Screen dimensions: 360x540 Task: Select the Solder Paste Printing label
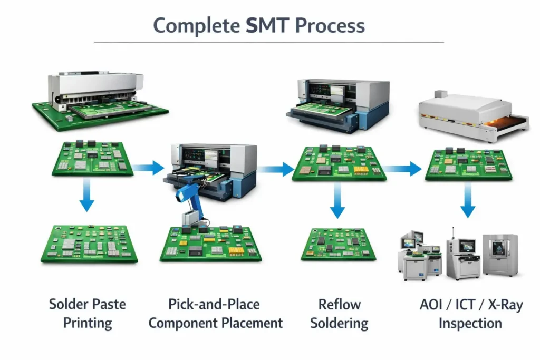(x=88, y=313)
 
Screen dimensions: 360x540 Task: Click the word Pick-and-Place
(x=214, y=304)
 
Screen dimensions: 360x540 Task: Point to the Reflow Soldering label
(x=339, y=313)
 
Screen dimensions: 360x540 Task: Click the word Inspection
(x=469, y=323)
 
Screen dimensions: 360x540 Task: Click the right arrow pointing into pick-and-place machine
(x=148, y=168)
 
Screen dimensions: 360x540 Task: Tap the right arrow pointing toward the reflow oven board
(x=403, y=169)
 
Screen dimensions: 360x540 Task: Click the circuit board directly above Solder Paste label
(x=89, y=244)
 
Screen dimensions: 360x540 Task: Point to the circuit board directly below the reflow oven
(x=468, y=163)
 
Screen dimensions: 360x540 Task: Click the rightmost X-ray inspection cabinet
(x=500, y=255)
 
